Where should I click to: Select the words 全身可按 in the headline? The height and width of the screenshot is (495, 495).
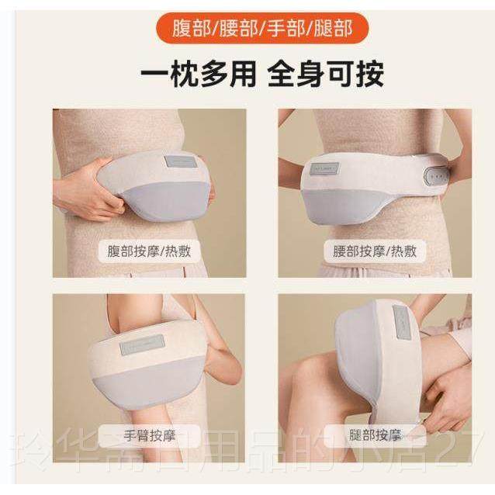tap(324, 75)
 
